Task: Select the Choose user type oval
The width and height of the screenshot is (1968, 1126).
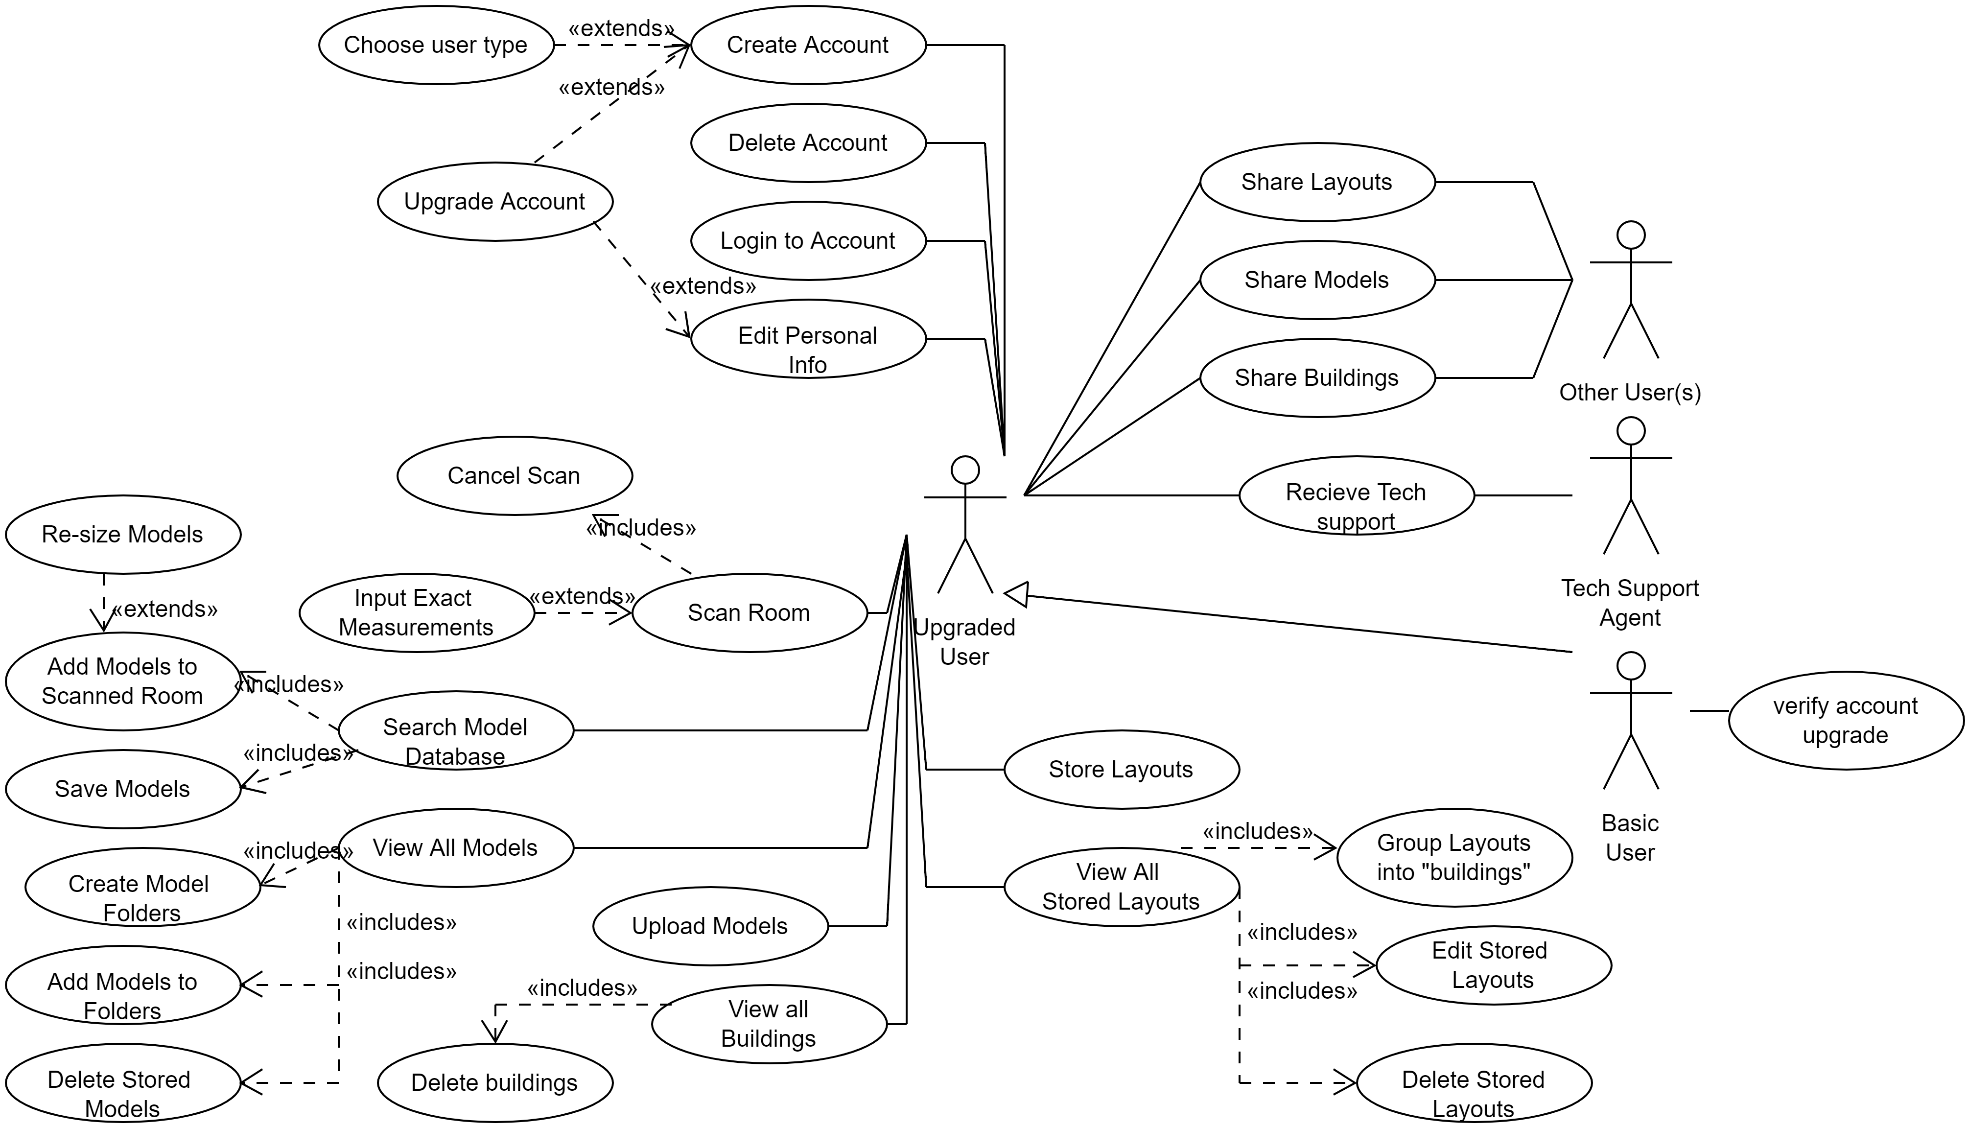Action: point(436,45)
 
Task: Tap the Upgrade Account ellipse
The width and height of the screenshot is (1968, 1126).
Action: point(495,202)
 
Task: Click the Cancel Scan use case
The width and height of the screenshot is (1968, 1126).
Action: point(514,475)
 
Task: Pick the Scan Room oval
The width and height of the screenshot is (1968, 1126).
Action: point(749,612)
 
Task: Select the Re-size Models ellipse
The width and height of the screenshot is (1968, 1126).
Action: point(122,535)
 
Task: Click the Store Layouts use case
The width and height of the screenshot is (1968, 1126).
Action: point(1121,770)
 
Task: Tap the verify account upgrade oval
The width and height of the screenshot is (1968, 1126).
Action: point(1845,720)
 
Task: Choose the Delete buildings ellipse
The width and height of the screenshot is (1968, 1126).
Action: point(495,1083)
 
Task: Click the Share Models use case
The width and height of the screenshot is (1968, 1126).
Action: point(1317,280)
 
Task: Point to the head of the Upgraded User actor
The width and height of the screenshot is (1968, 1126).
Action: point(965,469)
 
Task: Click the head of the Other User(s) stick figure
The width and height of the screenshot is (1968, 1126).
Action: point(1631,235)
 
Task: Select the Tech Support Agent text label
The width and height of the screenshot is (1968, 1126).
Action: point(1630,603)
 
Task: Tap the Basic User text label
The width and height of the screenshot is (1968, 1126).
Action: point(1630,838)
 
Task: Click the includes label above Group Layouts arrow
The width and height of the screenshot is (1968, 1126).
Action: point(1257,831)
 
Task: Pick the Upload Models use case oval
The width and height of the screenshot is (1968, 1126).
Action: point(710,926)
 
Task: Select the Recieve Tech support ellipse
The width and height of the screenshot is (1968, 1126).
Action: point(1357,495)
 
